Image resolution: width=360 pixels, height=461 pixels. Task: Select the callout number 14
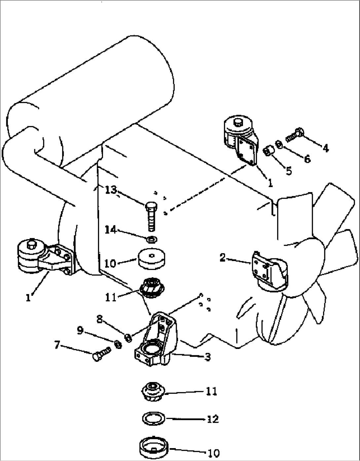pos(111,229)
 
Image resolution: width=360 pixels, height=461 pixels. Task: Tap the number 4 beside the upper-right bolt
pos(326,148)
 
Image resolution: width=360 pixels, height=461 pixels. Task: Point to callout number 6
pos(307,159)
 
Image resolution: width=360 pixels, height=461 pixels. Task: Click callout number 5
pos(289,171)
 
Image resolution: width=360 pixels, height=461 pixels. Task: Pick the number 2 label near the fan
pos(223,257)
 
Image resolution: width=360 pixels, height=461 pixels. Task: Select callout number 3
pos(207,357)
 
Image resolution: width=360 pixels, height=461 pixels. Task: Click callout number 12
pos(213,419)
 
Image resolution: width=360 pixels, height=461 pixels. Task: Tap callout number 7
pos(57,345)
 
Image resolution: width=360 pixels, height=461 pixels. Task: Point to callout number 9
pos(80,330)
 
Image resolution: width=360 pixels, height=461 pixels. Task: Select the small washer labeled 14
pos(152,239)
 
